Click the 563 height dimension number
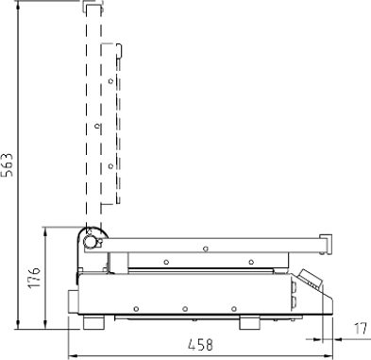pyautogui.click(x=8, y=164)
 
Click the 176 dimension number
pyautogui.click(x=34, y=278)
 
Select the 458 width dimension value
pyautogui.click(x=200, y=345)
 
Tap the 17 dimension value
pyautogui.click(x=361, y=329)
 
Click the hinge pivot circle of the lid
pyautogui.click(x=89, y=242)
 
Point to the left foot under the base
pyautogui.click(x=93, y=322)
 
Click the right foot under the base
pyautogui.click(x=249, y=323)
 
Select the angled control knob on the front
pyautogui.click(x=311, y=279)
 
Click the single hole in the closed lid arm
pyautogui.click(x=206, y=249)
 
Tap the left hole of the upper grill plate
pyautogui.click(x=166, y=262)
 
